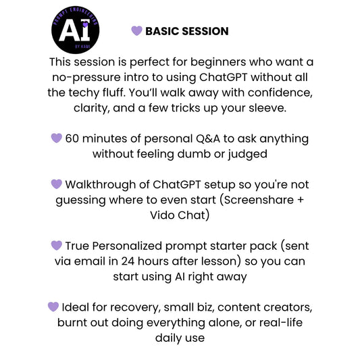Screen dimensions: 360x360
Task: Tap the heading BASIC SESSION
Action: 186,31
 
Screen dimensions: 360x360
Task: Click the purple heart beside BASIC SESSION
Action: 136,31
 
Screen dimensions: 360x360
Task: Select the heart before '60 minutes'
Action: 57,138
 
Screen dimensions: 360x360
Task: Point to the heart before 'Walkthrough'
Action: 57,184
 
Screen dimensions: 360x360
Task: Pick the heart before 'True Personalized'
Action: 57,246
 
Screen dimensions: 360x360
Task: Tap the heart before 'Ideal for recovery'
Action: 53,307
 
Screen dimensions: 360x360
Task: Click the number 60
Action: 73,138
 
